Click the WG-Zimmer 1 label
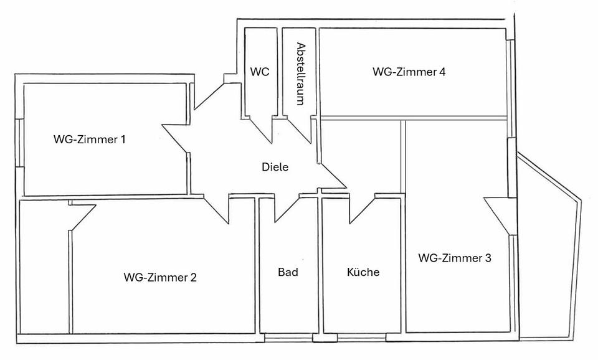pos(90,140)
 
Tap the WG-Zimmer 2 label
pos(160,277)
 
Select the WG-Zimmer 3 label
pos(455,258)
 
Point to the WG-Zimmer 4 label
pos(409,72)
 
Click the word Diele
pos(275,167)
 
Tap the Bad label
pos(288,272)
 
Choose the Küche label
pos(363,272)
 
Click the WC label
pos(260,72)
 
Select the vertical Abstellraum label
pos(301,73)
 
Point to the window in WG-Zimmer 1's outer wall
pos(19,142)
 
